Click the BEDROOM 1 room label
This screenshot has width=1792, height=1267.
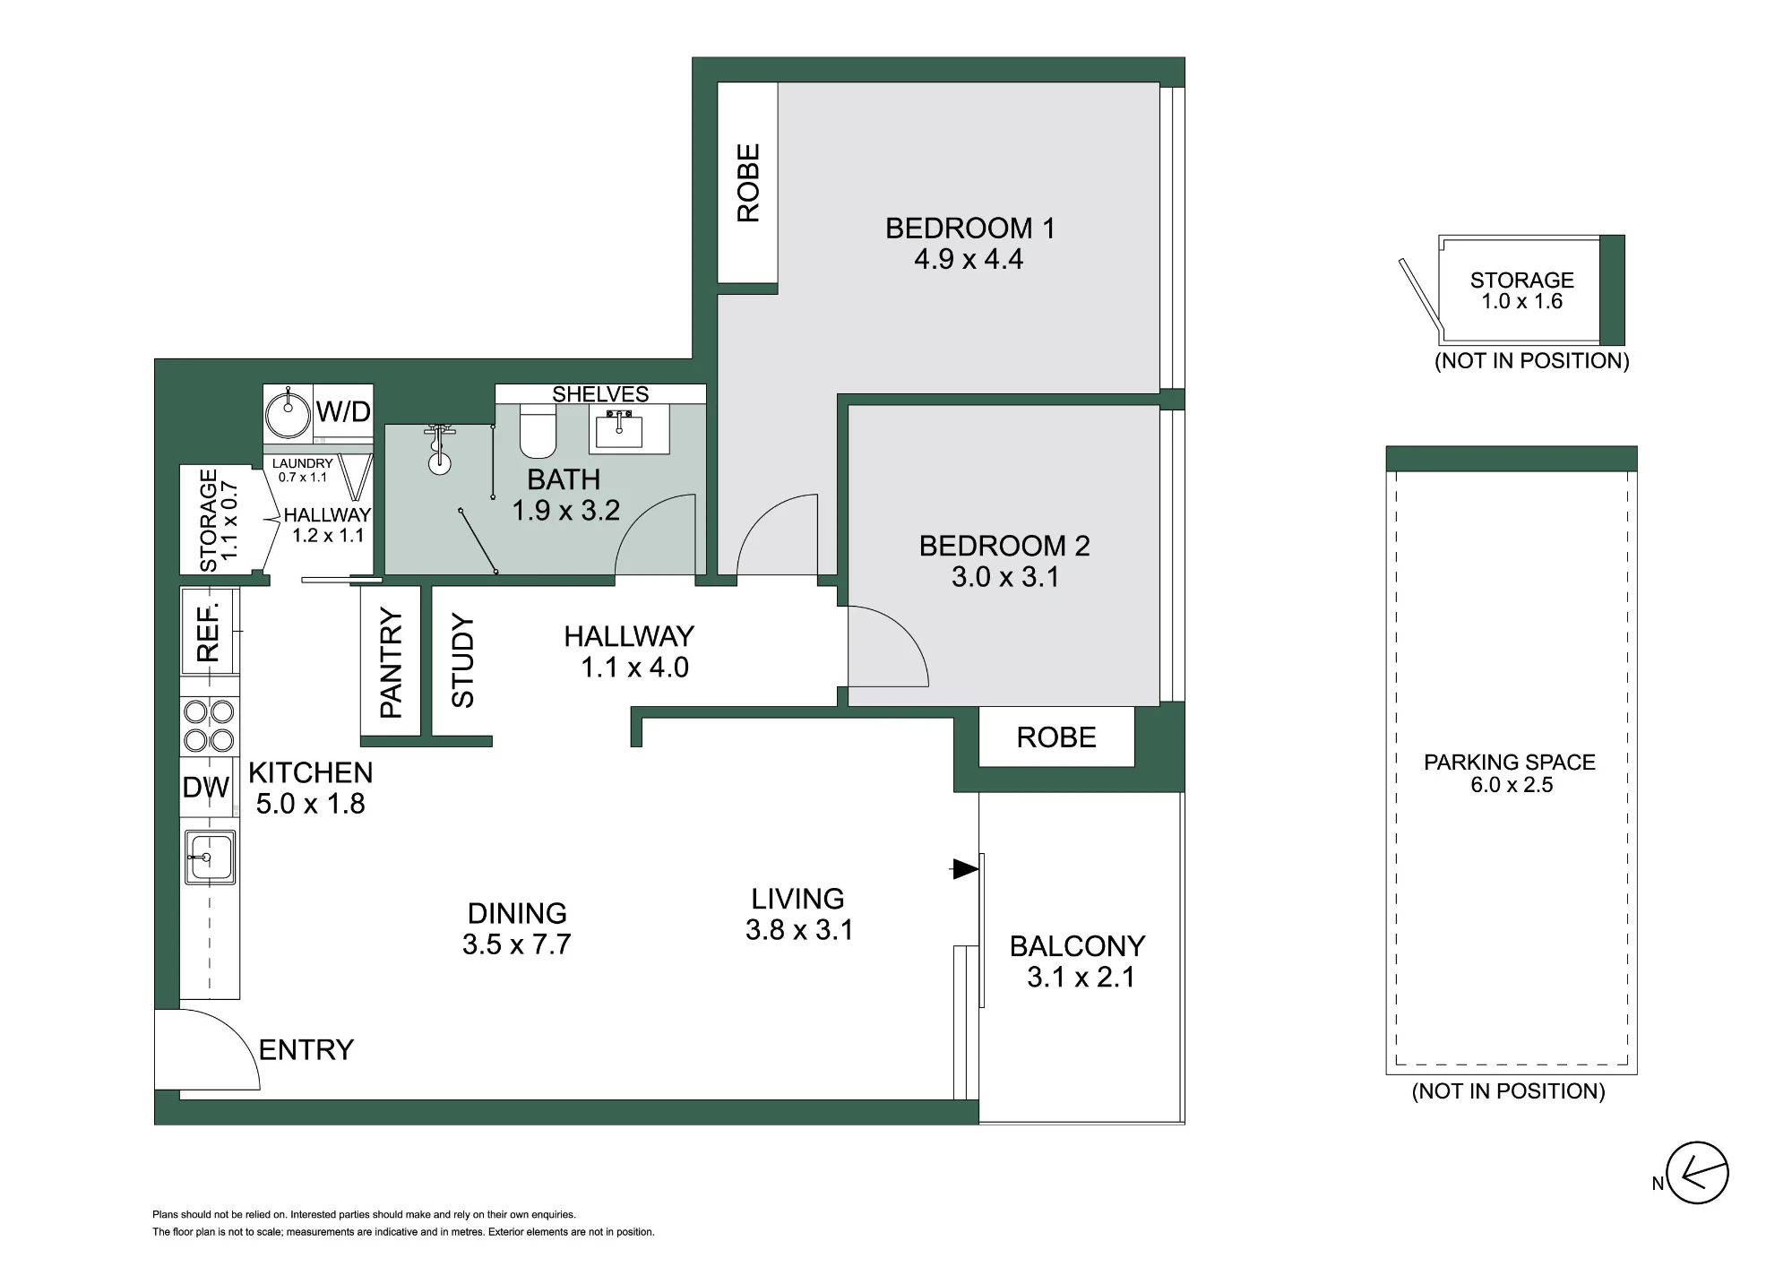969,228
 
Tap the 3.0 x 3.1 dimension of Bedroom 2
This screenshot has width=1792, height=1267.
1005,577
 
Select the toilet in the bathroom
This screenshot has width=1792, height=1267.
538,430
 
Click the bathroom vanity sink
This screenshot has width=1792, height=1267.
616,428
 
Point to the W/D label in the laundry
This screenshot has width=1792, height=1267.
343,412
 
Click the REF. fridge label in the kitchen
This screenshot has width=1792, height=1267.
208,632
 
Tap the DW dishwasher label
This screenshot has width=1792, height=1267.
206,788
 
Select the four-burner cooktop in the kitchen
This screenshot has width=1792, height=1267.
209,727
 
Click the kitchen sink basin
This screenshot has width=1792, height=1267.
210,858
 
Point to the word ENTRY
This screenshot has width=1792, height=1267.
306,1049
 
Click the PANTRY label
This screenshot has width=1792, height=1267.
392,662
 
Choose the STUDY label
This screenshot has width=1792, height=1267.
462,660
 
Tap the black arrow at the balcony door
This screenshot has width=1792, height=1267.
965,868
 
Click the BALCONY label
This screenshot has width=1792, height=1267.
1078,946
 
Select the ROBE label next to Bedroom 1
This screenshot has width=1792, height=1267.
748,183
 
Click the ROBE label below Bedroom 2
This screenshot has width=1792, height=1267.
1056,737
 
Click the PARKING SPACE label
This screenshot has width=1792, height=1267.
1510,763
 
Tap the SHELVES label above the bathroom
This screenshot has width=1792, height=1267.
600,394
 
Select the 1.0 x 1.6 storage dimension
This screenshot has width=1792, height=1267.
1522,302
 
